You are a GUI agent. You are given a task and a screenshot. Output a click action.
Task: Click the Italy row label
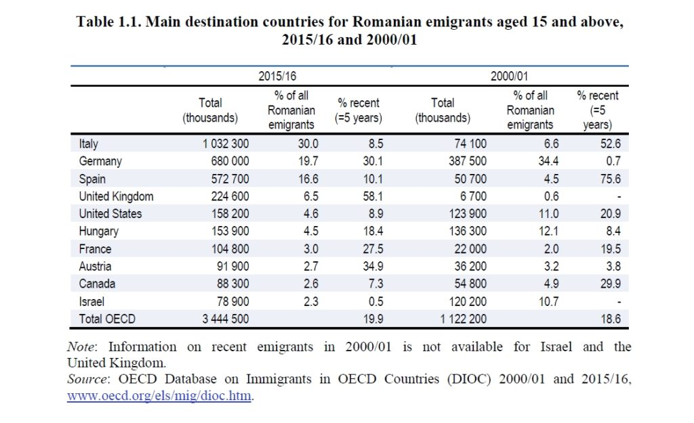click(x=89, y=143)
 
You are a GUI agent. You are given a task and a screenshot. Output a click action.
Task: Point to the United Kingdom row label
click(x=116, y=196)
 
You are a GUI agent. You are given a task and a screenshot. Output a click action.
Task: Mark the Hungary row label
click(x=99, y=231)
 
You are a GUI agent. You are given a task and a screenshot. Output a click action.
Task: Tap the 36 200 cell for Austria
click(x=468, y=267)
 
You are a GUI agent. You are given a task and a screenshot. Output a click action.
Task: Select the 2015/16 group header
click(x=278, y=76)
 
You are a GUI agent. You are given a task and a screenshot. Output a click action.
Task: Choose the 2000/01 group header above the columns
click(x=510, y=76)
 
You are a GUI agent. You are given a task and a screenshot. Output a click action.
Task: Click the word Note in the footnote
click(x=81, y=347)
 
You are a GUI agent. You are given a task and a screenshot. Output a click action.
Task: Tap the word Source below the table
click(x=86, y=380)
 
